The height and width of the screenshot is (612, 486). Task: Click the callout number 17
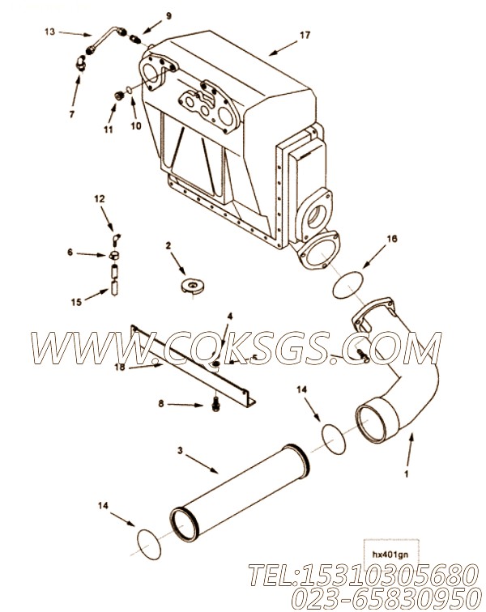click(x=305, y=35)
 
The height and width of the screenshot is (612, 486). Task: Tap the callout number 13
click(x=49, y=32)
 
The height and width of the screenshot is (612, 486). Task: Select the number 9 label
click(x=168, y=16)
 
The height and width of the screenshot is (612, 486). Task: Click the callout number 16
click(x=391, y=239)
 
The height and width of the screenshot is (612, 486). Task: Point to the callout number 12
click(x=100, y=199)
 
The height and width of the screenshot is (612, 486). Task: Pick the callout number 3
click(x=180, y=451)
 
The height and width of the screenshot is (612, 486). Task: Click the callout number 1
click(x=407, y=474)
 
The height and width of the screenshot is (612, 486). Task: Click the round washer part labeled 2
click(x=193, y=286)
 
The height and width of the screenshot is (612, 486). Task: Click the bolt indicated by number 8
click(x=215, y=405)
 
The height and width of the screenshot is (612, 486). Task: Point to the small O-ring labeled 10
click(x=129, y=91)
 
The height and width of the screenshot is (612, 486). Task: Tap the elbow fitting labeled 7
click(x=81, y=62)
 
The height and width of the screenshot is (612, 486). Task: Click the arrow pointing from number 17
click(x=283, y=48)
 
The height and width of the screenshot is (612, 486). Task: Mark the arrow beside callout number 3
click(x=202, y=465)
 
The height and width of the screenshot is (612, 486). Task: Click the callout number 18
click(x=120, y=368)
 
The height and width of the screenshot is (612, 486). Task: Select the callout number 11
click(x=109, y=130)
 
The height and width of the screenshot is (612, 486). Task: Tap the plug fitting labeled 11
click(x=119, y=95)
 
